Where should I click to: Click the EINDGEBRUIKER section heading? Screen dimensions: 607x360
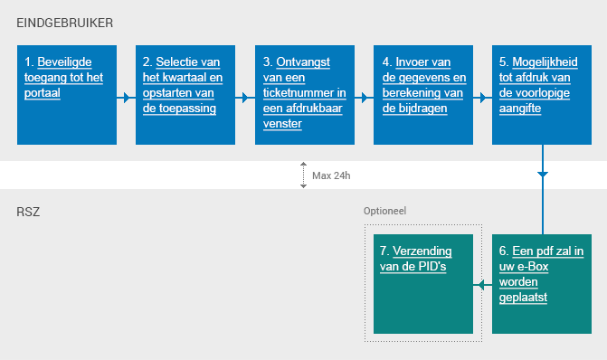[65, 22]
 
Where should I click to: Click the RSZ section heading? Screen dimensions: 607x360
[29, 213]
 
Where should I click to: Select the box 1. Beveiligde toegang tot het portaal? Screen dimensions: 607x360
[67, 94]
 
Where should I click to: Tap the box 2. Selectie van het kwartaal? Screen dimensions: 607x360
[185, 94]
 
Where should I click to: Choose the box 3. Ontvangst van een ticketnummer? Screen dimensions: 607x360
[305, 94]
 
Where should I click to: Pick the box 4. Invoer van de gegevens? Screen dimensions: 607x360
[423, 94]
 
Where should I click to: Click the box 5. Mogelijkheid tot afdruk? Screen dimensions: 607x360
[542, 94]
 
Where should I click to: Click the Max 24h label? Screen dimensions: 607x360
[331, 175]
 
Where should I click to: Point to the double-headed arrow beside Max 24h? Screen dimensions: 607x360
[305, 175]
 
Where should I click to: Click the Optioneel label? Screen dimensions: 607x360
[384, 210]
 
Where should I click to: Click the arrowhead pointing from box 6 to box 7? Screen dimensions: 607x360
[479, 285]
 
